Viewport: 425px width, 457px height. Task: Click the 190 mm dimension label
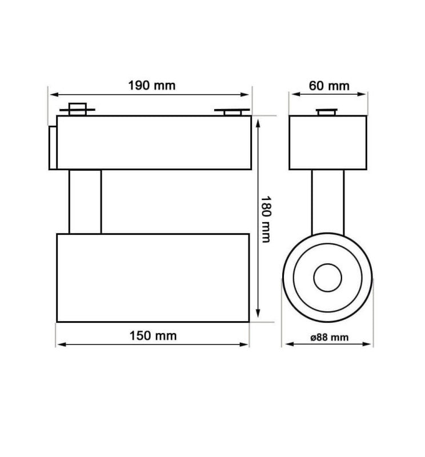151,86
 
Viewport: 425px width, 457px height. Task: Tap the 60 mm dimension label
328,86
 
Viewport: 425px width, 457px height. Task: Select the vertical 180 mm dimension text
266,219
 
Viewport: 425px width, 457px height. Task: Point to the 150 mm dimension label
153,335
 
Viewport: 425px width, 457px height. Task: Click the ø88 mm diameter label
329,337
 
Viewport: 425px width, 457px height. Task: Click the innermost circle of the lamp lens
327,278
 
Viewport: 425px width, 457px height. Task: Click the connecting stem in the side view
85,201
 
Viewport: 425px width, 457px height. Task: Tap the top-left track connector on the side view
77,109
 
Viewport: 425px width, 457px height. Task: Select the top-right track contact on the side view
231,111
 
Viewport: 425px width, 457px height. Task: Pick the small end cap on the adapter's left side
52,147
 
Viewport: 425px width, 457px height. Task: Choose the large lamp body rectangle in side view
153,277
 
